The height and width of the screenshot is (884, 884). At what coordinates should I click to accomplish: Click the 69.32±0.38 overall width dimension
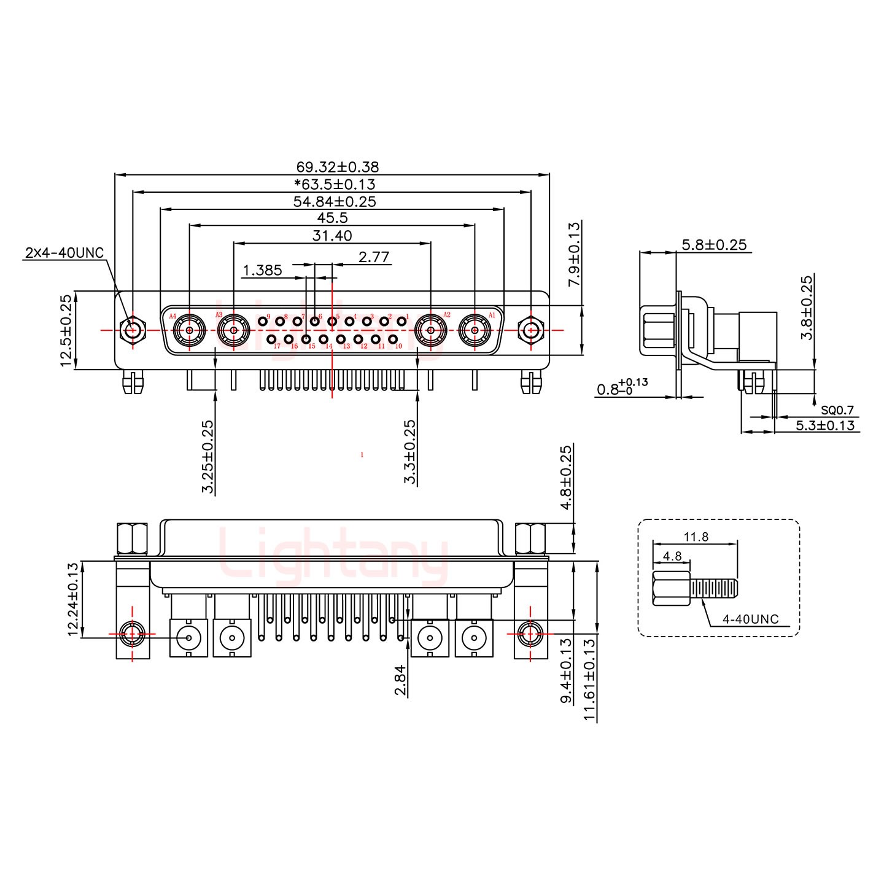(x=337, y=166)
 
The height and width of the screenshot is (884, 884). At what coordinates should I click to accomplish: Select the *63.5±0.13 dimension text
(x=335, y=184)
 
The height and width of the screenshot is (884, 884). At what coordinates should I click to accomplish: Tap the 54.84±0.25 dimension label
(x=335, y=201)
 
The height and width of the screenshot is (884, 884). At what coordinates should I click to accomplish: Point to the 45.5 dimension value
(x=332, y=218)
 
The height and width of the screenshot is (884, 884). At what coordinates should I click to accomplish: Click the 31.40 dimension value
(x=332, y=235)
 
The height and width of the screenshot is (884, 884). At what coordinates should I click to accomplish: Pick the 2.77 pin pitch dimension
(x=374, y=257)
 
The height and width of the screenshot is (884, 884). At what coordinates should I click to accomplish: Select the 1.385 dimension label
(x=262, y=270)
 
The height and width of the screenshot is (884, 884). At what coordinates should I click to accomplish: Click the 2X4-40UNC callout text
(x=64, y=253)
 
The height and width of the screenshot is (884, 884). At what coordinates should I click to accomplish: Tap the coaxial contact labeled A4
(x=190, y=331)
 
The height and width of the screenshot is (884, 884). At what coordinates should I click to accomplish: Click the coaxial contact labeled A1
(x=475, y=331)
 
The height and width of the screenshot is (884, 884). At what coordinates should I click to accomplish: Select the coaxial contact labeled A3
(x=234, y=331)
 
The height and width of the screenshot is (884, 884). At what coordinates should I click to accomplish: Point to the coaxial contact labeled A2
(x=431, y=331)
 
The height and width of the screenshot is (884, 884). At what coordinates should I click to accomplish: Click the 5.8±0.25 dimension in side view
(x=714, y=245)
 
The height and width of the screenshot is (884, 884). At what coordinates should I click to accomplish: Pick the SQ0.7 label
(x=837, y=411)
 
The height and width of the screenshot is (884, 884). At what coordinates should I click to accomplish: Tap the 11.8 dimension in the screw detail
(x=696, y=537)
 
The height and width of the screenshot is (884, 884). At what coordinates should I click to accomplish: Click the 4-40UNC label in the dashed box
(x=750, y=619)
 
